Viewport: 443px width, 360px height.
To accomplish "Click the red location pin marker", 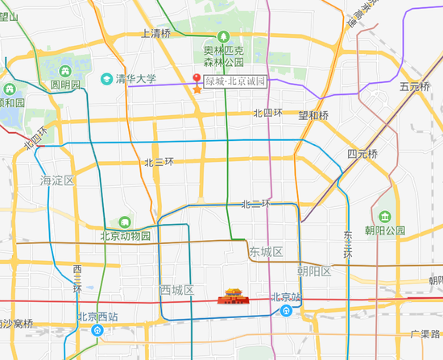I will pos(197,78).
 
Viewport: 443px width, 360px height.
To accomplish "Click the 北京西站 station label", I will pos(97,317).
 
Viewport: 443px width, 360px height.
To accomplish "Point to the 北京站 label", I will pos(286,296).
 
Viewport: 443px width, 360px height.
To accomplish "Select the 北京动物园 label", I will pos(125,236).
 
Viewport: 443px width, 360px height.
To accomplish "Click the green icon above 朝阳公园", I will pos(385,216).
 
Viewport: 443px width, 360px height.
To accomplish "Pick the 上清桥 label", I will pos(155,34).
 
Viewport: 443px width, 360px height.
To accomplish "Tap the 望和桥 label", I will pos(313,115).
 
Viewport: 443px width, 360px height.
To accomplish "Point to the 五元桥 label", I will pos(416,86).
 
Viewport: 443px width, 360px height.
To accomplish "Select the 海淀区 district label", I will pos(57,181).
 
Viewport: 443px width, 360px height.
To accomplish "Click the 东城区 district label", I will pos(266,253).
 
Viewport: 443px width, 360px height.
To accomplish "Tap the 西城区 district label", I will pos(176,290).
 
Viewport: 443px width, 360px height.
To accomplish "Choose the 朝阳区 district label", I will pos(313,271).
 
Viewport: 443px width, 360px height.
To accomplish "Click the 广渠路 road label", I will pos(425,333).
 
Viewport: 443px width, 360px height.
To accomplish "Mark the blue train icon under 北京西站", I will pos(97,330).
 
